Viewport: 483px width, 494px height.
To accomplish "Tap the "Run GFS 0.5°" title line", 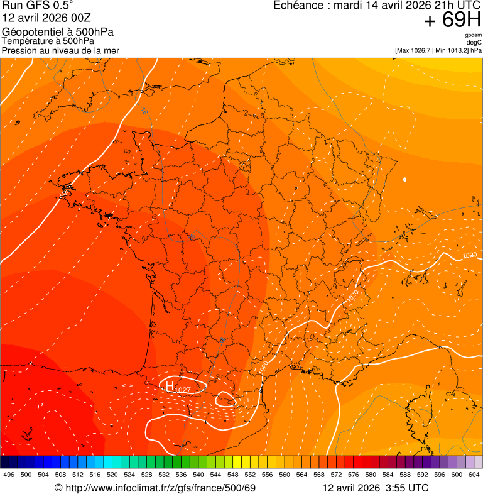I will (38, 5).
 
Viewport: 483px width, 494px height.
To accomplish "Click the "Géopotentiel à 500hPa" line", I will (58, 32).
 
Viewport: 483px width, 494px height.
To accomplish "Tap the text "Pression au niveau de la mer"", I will (60, 50).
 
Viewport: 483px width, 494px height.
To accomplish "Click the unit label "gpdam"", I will (473, 36).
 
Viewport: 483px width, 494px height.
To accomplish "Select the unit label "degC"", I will (474, 43).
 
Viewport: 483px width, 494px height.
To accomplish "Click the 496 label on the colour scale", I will (9, 475).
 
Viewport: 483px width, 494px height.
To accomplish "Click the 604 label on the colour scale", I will (474, 475).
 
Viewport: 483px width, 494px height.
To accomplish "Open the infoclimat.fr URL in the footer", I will (160, 488).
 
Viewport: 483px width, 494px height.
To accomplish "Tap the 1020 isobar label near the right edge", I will (469, 256).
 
